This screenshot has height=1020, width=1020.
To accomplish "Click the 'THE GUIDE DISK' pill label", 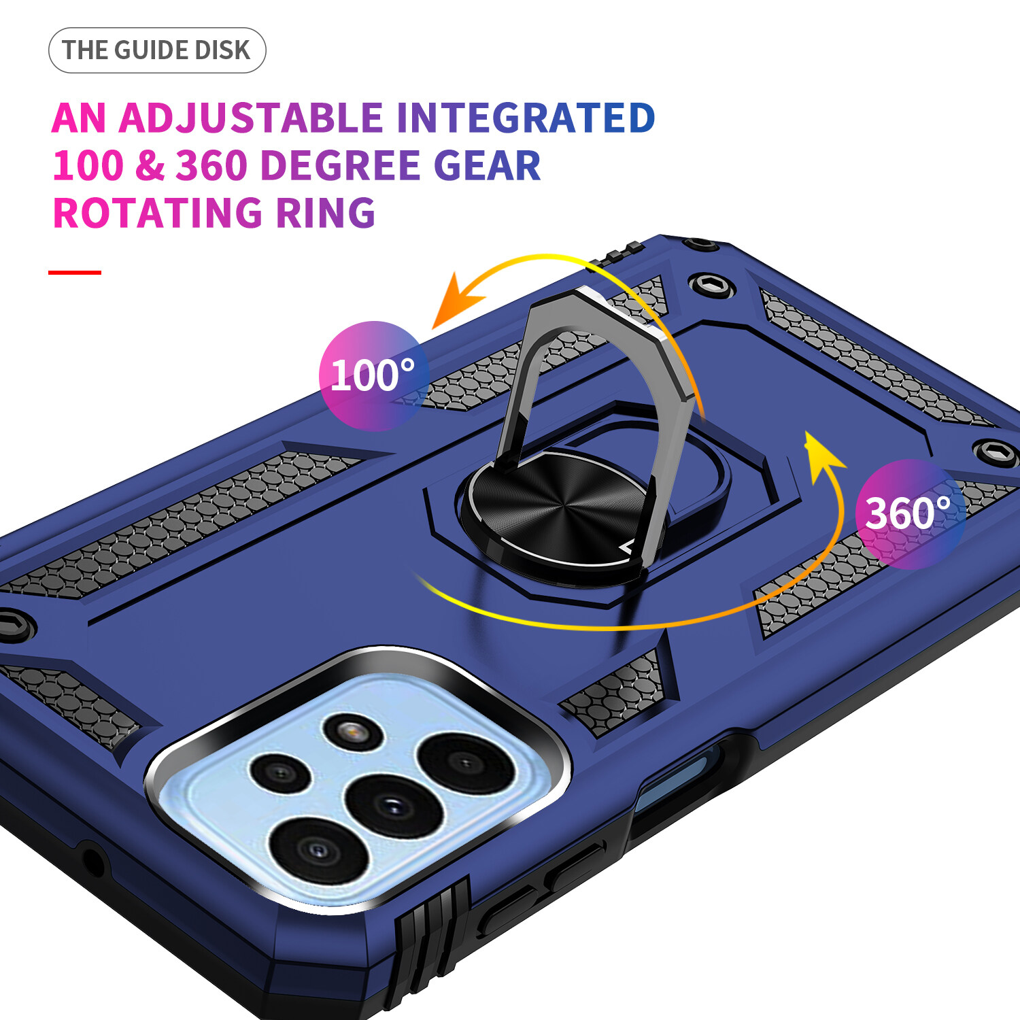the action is click(x=157, y=50).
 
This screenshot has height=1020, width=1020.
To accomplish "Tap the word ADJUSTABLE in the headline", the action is click(x=251, y=118).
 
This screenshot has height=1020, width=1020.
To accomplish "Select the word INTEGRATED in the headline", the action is click(x=526, y=118).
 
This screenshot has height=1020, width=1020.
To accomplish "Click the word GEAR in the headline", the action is click(x=487, y=165).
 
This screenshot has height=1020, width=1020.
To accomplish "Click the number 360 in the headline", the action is click(x=211, y=165).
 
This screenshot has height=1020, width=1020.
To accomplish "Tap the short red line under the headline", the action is click(x=75, y=273).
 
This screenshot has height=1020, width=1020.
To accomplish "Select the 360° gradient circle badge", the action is click(x=910, y=514).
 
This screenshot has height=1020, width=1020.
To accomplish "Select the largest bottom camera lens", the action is click(x=318, y=850).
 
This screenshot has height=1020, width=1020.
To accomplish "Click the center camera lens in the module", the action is click(x=394, y=806).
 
